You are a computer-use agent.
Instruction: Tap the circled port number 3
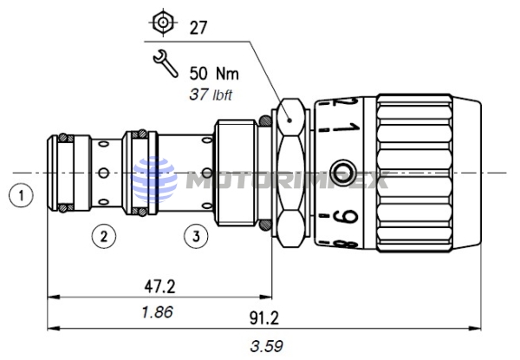click(x=197, y=234)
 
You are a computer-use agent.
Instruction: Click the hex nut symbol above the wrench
click(x=160, y=23)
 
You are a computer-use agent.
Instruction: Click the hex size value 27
click(x=199, y=27)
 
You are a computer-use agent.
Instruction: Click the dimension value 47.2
click(x=159, y=284)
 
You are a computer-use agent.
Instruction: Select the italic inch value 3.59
click(x=262, y=345)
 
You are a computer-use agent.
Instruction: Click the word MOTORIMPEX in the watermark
click(x=286, y=180)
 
